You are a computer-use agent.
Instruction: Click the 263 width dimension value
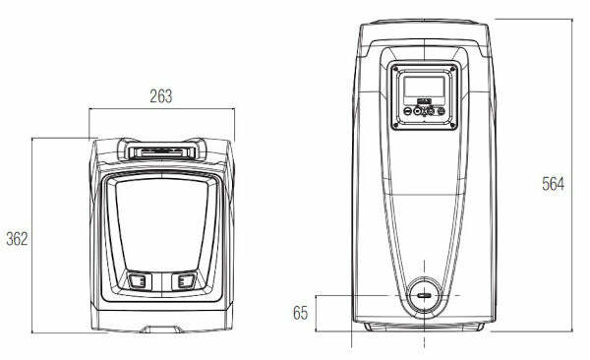coord(161,96)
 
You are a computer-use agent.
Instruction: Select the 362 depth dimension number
coord(17,239)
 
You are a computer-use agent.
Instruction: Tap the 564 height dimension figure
coord(553,184)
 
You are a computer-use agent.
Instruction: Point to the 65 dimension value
coord(300,313)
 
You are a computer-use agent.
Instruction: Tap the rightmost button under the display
coord(441,111)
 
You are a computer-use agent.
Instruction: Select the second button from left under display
coord(418,111)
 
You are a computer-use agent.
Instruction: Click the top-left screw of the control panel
coord(395,69)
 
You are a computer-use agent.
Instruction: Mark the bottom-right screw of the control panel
coord(453,125)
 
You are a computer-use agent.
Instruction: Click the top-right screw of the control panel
coord(453,69)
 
